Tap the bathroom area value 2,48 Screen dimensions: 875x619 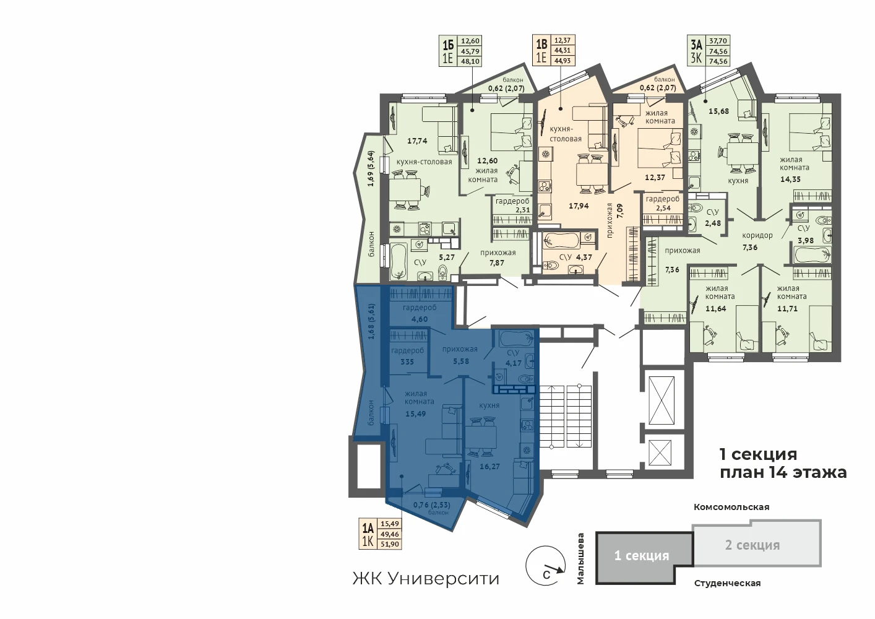(713, 223)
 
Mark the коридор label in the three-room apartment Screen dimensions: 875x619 (757, 235)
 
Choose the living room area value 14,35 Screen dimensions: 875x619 (791, 180)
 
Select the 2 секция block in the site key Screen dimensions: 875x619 (757, 544)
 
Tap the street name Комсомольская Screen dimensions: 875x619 (731, 507)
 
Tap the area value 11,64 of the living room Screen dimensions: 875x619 (715, 309)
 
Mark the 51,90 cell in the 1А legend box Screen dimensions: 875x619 (389, 543)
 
